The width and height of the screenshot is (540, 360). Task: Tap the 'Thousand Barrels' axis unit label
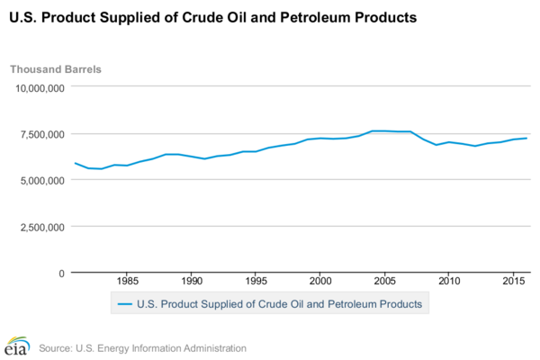(x=56, y=69)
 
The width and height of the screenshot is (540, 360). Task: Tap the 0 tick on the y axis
(x=60, y=273)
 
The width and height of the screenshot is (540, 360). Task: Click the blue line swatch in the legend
(x=125, y=304)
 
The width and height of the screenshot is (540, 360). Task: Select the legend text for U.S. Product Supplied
(x=279, y=304)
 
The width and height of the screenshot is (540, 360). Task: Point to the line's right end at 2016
(x=526, y=138)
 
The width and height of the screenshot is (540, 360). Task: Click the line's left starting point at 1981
(x=75, y=163)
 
